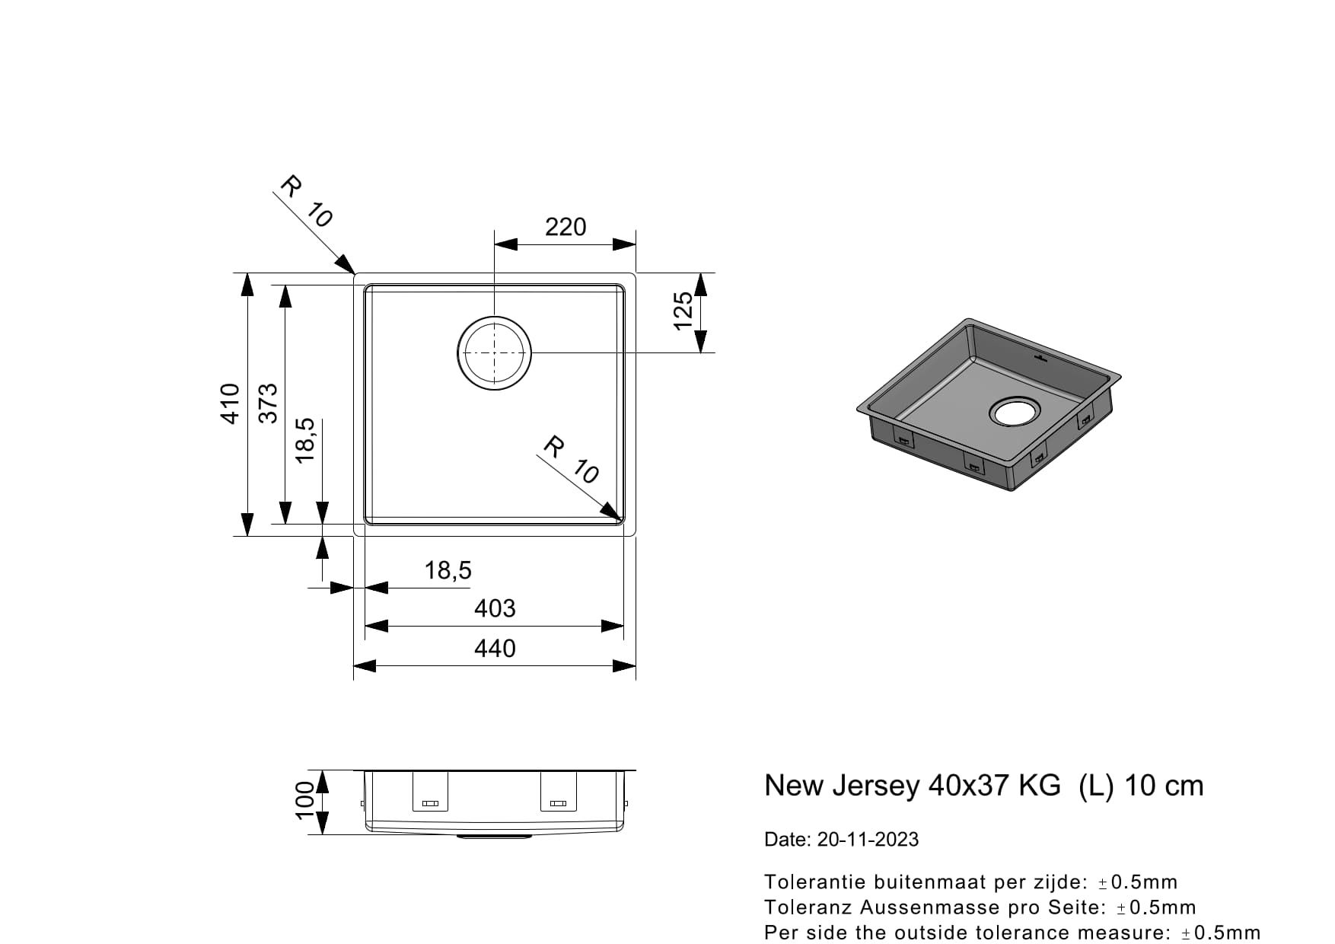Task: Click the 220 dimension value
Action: (566, 227)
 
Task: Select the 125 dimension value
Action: (683, 311)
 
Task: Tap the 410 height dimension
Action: (230, 403)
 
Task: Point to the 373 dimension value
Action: (268, 403)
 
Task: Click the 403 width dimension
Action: (495, 608)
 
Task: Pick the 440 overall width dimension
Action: (495, 649)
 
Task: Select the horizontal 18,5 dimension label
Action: (448, 570)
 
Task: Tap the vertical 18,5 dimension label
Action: (304, 441)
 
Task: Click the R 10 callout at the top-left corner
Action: (307, 202)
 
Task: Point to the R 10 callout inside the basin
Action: (572, 460)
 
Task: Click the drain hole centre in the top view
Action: (495, 352)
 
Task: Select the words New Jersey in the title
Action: (841, 786)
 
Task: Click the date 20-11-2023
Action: (868, 840)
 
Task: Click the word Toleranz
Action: (809, 907)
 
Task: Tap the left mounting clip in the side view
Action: (430, 793)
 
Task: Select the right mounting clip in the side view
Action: (558, 793)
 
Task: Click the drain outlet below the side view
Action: (495, 837)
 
